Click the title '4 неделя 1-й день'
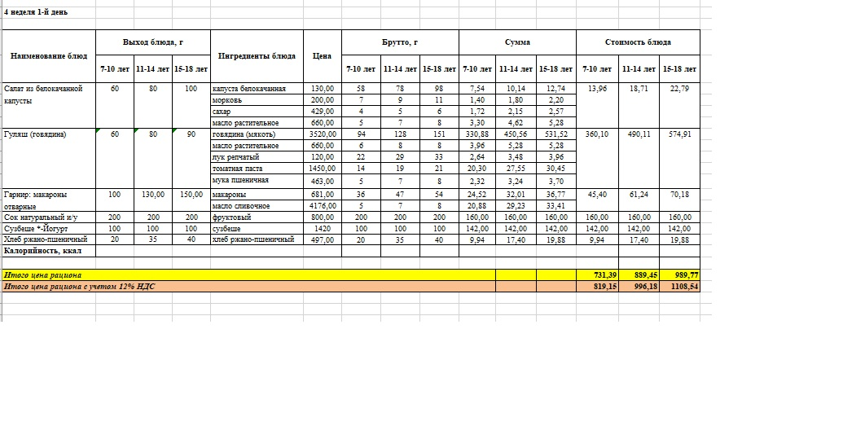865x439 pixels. pos(36,12)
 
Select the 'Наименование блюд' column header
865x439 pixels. pos(48,56)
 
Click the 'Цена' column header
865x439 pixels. pos(322,56)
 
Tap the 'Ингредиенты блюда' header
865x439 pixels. pos(257,56)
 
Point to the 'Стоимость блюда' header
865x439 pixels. pos(638,42)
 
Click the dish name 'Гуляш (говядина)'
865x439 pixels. pos(35,134)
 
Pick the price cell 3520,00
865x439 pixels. pos(322,134)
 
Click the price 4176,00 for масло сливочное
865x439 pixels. pos(322,207)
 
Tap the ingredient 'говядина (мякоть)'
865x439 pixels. pos(244,134)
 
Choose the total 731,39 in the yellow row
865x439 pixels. pos(598,275)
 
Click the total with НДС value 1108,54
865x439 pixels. pos(680,287)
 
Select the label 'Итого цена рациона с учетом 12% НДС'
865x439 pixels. pos(79,287)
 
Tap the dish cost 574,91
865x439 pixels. pos(680,134)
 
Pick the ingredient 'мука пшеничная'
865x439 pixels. pos(239,180)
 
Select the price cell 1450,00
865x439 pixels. pos(322,168)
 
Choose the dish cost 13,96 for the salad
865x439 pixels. pos(598,88)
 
